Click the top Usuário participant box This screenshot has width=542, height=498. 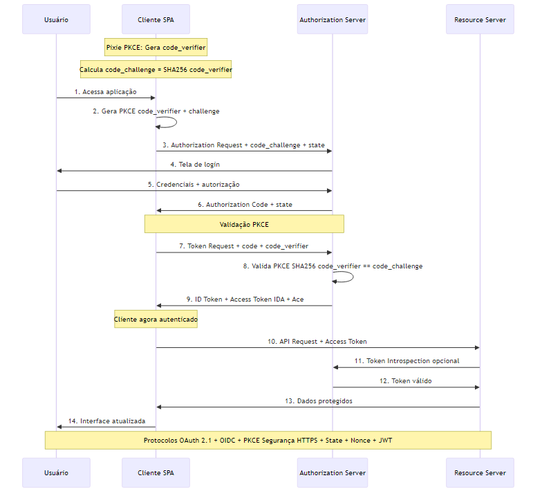(x=56, y=19)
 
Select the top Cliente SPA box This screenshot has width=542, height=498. (x=156, y=19)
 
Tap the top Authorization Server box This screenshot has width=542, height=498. (x=333, y=19)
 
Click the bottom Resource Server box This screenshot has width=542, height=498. (x=479, y=472)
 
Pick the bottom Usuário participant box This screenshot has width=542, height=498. (x=56, y=472)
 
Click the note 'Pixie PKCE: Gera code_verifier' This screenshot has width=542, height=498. (x=156, y=47)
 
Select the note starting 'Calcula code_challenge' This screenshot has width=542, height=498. (x=156, y=70)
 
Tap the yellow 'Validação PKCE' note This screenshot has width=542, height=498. (x=244, y=224)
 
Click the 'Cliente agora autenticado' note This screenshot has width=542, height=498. (x=156, y=319)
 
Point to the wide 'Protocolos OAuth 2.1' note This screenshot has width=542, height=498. (x=268, y=440)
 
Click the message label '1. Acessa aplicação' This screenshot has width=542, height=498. (x=106, y=92)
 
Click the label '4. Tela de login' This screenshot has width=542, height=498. (x=195, y=165)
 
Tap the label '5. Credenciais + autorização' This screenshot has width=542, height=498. (x=194, y=185)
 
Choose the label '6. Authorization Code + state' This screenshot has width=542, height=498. (x=244, y=205)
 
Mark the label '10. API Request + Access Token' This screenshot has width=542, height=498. (x=317, y=342)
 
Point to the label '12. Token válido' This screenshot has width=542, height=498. (x=406, y=381)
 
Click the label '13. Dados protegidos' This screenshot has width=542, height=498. (x=317, y=401)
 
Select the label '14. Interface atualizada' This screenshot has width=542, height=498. (x=106, y=421)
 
